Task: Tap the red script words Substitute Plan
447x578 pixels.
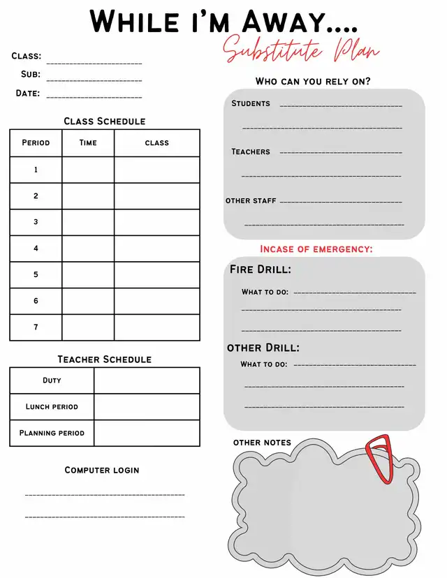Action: point(302,51)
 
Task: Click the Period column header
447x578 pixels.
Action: point(36,142)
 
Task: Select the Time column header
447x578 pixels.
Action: point(88,142)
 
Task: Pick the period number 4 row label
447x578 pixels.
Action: point(36,249)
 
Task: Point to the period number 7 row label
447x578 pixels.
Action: point(36,327)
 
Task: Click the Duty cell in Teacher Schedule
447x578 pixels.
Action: point(52,380)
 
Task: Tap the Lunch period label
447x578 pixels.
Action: point(52,406)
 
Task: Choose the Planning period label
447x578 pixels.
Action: point(52,433)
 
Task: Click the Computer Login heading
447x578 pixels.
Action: point(102,470)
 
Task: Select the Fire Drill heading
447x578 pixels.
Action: point(261,269)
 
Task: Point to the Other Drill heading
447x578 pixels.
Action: point(263,348)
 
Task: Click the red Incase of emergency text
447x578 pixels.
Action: point(316,249)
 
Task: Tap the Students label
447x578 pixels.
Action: point(251,103)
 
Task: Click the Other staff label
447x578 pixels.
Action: point(251,200)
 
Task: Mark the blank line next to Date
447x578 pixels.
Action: point(94,96)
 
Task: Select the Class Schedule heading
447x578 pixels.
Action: point(104,121)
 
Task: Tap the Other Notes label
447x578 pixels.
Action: point(262,443)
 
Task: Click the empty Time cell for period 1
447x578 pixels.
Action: point(88,170)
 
